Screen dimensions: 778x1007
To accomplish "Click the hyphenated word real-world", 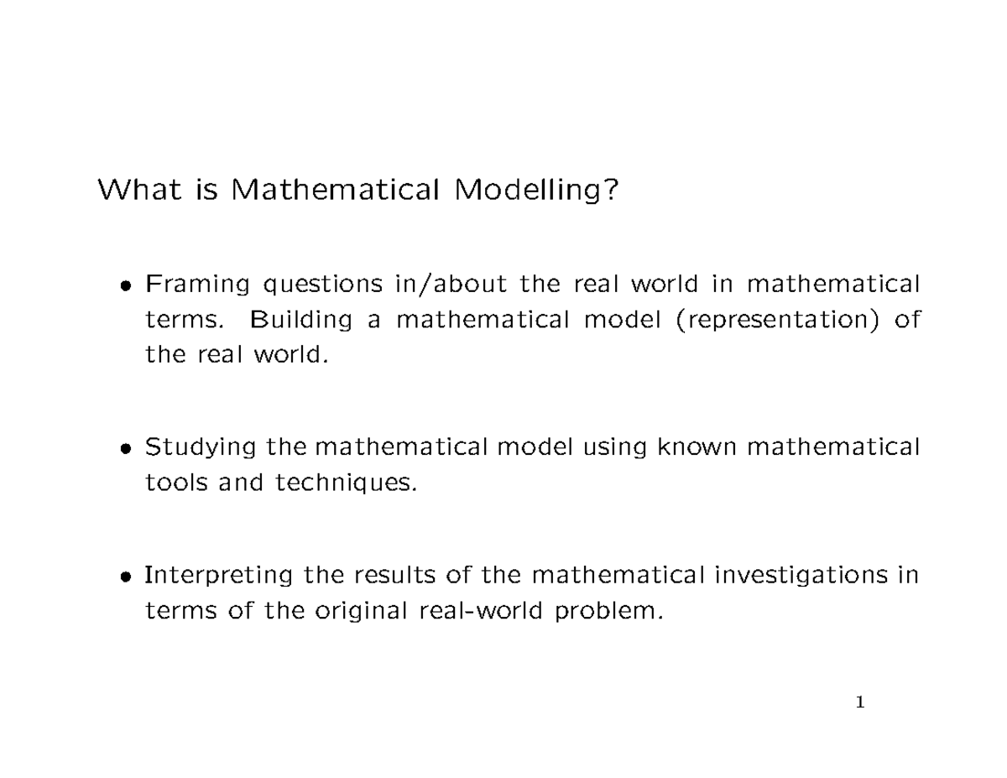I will point(482,611).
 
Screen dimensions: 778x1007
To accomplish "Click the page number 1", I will point(859,702).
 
